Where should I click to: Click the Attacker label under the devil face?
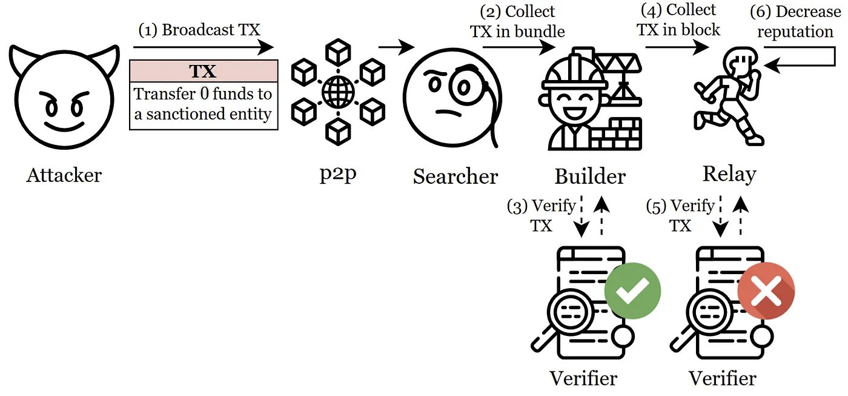coord(64,176)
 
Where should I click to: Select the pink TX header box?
coord(204,72)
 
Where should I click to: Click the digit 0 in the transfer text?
coord(204,95)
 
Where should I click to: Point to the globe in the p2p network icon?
coord(338,92)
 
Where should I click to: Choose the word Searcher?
coord(455,176)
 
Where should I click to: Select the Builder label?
coord(590,176)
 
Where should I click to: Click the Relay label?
coord(729,175)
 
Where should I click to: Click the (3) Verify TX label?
coord(542,216)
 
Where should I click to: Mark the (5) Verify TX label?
coord(680,216)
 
